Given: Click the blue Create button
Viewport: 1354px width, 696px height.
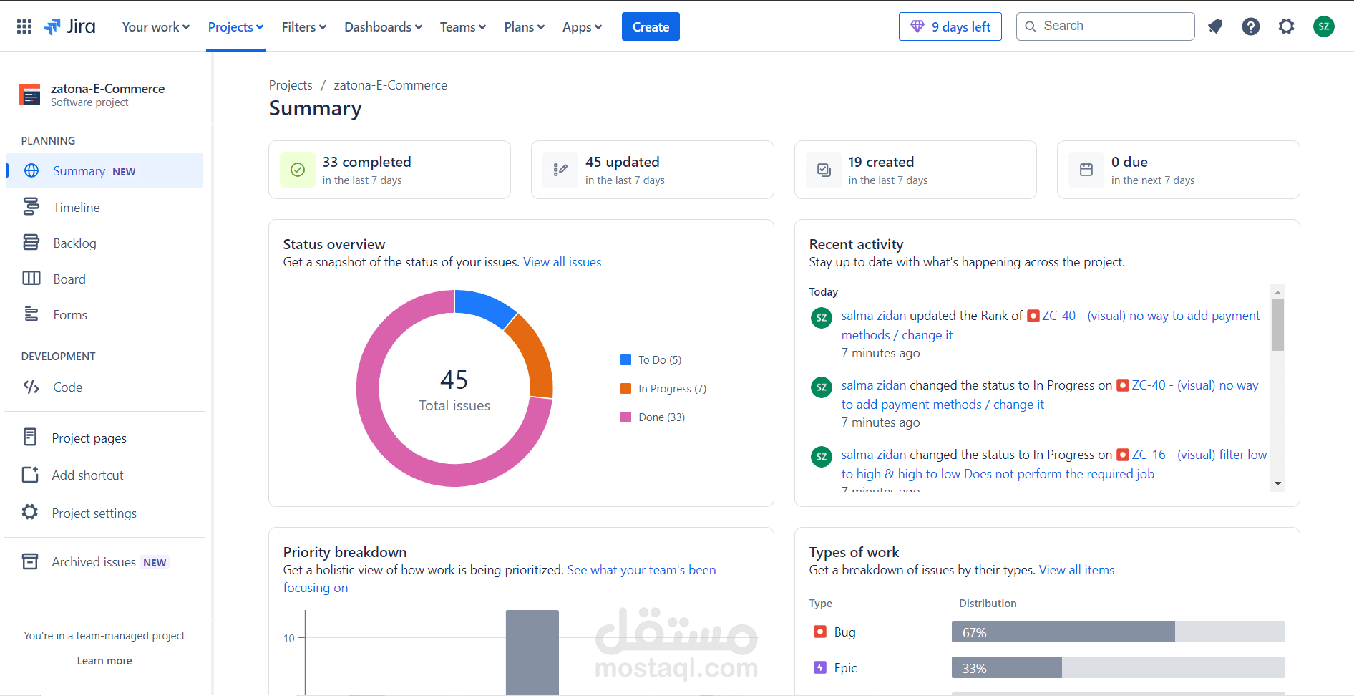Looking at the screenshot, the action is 651,26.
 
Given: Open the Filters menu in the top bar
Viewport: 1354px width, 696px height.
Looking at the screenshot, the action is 303,26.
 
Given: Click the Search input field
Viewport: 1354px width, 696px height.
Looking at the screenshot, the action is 1105,26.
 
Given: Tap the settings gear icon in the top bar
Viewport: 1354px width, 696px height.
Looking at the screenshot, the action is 1286,26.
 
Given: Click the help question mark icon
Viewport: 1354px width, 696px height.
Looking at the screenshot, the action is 1250,26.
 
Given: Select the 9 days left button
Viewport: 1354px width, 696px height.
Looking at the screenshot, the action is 950,26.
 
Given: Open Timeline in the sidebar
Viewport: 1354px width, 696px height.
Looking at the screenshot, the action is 76,207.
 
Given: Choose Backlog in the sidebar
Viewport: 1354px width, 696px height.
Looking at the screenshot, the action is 74,243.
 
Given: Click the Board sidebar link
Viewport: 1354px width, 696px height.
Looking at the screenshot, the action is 69,279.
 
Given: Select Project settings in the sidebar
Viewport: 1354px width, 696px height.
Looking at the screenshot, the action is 94,513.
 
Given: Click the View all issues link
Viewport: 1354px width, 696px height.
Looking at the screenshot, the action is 562,262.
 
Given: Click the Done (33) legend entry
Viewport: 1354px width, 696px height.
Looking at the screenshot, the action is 653,417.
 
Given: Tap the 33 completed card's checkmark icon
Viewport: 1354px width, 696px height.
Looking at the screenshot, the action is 298,170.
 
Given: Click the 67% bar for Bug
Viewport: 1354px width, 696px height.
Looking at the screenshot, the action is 1063,632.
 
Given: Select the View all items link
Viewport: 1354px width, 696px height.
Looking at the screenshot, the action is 1076,570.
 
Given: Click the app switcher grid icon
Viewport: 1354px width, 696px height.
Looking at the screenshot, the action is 24,26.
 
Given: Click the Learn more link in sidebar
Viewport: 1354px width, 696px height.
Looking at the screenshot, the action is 104,661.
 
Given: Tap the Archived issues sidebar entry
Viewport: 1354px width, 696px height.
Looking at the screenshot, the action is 94,562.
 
